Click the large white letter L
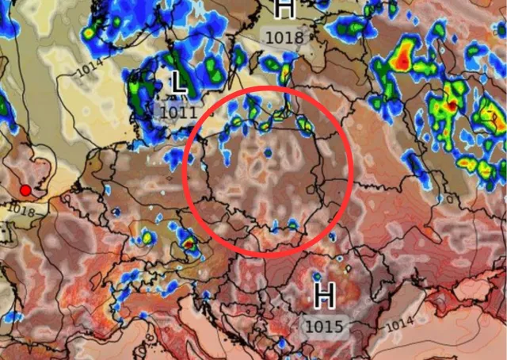click(x=178, y=81)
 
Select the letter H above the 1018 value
click(x=284, y=9)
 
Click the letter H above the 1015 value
click(x=324, y=296)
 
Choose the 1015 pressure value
click(x=322, y=325)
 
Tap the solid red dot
click(x=25, y=190)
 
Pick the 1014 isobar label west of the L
click(x=90, y=69)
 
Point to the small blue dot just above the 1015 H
click(x=318, y=276)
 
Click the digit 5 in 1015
click(x=335, y=325)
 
